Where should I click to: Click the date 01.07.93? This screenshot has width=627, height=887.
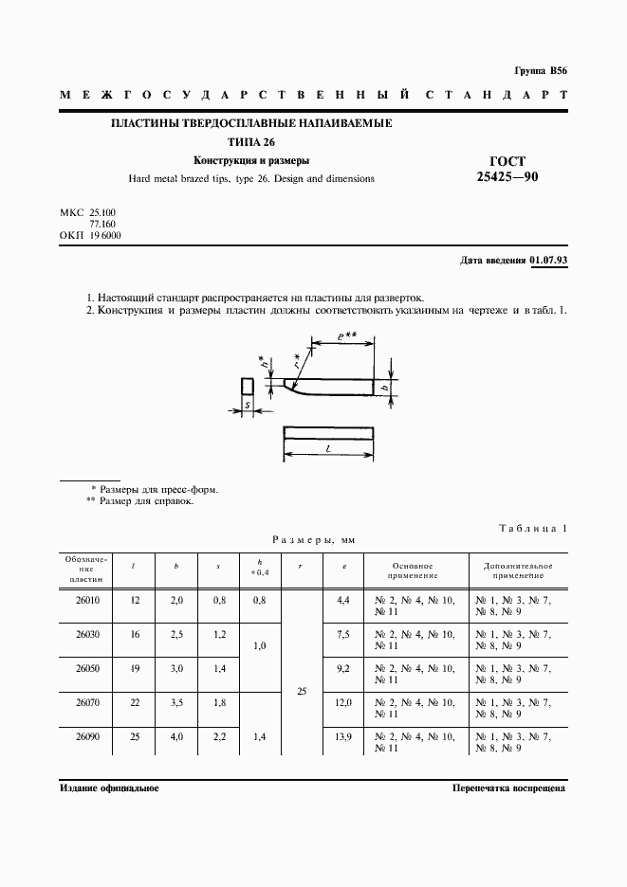tap(548, 259)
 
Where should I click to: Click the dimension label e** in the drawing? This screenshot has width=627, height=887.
tap(345, 336)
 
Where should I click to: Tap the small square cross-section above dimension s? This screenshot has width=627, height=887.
tap(247, 386)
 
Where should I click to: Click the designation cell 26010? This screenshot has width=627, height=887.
tap(86, 600)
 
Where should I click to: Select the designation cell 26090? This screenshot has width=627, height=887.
tap(86, 736)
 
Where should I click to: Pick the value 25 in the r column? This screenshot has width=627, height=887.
tap(302, 692)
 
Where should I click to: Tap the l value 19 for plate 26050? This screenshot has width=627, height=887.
tap(134, 668)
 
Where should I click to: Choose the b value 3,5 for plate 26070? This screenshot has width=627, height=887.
tap(175, 702)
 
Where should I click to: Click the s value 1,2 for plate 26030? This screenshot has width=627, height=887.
tap(218, 634)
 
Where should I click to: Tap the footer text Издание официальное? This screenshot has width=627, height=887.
tap(109, 787)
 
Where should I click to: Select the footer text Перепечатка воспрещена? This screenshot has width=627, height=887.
tap(508, 787)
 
